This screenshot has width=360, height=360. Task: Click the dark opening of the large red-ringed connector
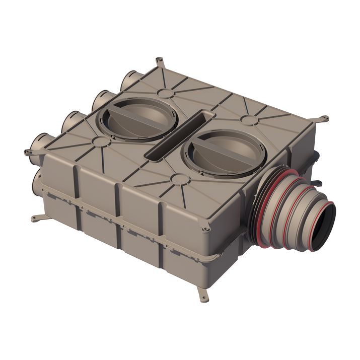pyautogui.click(x=322, y=228)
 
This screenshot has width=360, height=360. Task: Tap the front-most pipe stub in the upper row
pyautogui.click(x=40, y=146)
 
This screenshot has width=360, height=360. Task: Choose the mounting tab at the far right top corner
pyautogui.click(x=324, y=120)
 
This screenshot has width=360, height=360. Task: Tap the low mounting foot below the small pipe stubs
pyautogui.click(x=37, y=218)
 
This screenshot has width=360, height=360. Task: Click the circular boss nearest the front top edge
pyautogui.click(x=179, y=179)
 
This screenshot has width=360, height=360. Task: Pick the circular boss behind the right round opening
pyautogui.click(x=248, y=119)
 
